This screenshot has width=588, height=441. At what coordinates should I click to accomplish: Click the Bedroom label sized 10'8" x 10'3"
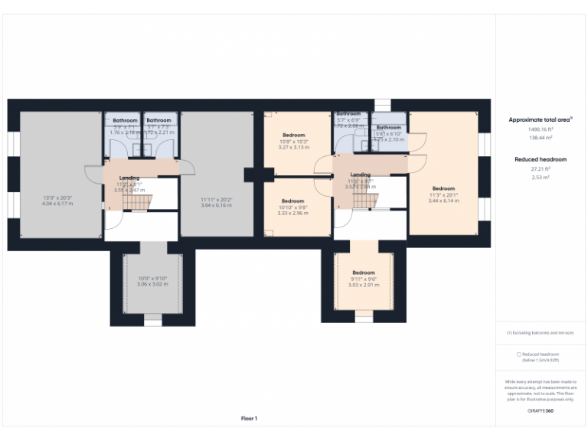click(292, 136)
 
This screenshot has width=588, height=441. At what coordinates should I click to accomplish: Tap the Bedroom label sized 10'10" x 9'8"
click(292, 201)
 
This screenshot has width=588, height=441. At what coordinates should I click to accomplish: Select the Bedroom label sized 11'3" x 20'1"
click(443, 188)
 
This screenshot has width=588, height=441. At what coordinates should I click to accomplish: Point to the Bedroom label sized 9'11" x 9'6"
click(363, 273)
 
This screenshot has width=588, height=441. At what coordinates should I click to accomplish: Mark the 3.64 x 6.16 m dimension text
click(215, 204)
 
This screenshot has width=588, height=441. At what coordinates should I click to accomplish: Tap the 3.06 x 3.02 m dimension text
click(152, 284)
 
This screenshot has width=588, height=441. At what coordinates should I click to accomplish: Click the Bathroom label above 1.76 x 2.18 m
click(125, 120)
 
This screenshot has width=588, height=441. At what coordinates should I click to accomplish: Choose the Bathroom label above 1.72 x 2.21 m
click(158, 120)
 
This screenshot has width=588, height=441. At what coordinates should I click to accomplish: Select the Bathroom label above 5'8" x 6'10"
click(388, 127)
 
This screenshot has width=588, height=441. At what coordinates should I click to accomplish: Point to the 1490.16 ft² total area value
click(540, 129)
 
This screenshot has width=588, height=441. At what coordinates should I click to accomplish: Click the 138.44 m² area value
click(540, 138)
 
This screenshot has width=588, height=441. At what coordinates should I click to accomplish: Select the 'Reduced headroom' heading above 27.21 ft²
click(540, 159)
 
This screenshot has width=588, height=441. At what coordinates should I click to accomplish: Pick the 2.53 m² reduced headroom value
click(540, 177)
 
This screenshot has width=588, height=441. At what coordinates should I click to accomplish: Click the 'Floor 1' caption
click(249, 418)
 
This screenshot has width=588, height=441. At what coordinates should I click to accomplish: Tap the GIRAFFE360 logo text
click(540, 412)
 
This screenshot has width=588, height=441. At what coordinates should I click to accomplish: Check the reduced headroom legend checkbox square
click(518, 354)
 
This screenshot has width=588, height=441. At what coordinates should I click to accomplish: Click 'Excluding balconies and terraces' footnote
click(540, 332)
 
